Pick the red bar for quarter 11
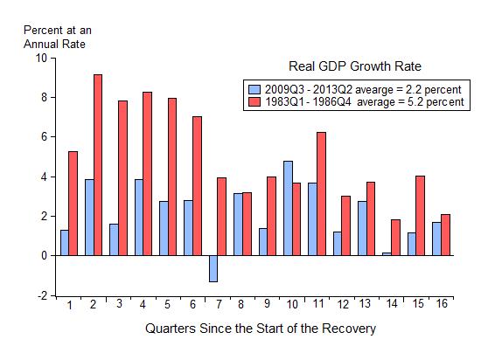pos(322,193)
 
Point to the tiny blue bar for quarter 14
pos(387,253)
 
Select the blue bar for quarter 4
pos(138,217)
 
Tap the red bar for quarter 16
pos(446,234)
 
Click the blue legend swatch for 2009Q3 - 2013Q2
pos(254,89)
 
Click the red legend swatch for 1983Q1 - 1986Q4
pos(254,101)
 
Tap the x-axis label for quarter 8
pos(242,304)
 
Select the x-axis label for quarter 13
pos(366,304)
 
